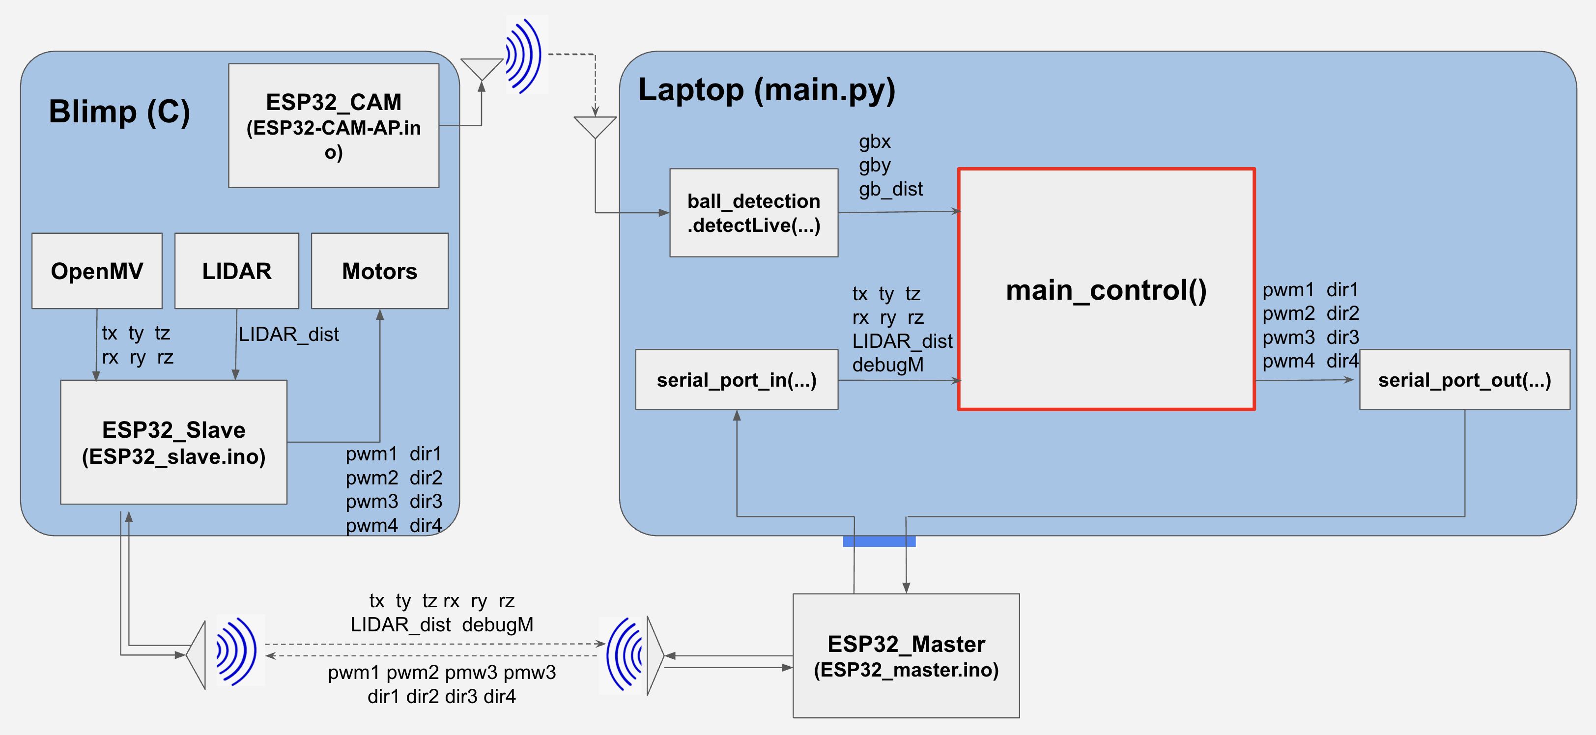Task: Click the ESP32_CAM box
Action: [333, 125]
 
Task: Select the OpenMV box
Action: [97, 271]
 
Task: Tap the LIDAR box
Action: [237, 271]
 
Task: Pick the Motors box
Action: [379, 271]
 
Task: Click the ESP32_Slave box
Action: [173, 442]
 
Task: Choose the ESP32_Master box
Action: [906, 656]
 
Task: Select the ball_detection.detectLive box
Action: [753, 213]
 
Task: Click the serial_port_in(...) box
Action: [736, 379]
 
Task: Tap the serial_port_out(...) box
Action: [1464, 379]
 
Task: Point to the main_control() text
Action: [1106, 290]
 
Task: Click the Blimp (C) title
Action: [119, 112]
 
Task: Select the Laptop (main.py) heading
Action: [767, 90]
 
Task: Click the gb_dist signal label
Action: [890, 189]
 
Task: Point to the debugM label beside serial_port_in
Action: [887, 365]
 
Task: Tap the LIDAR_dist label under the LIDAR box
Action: [289, 335]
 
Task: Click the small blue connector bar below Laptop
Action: [879, 541]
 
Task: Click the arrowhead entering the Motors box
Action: [380, 315]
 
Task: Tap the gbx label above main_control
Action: [874, 142]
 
